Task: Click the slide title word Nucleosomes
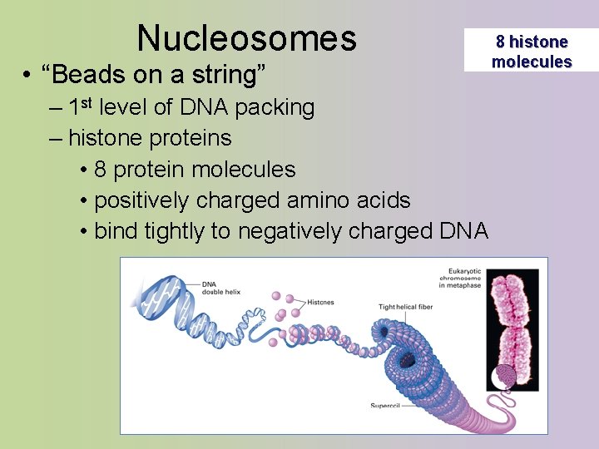click(x=246, y=37)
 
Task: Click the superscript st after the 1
click(x=84, y=104)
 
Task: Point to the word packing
click(x=275, y=108)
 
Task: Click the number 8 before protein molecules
click(x=100, y=170)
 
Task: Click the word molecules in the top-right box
click(x=532, y=62)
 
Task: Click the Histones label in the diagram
click(x=320, y=302)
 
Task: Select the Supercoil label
click(x=385, y=406)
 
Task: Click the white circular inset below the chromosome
click(x=505, y=377)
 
